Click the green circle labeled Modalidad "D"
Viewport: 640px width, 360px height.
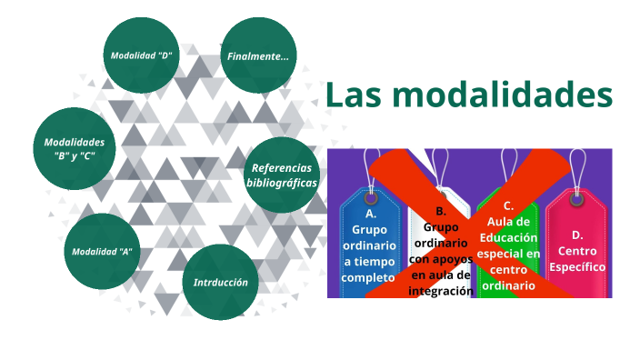pos(142,55)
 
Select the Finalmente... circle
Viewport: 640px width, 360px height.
pos(258,56)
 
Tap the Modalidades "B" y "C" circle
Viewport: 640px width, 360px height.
pos(75,149)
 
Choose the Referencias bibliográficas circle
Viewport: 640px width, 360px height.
pos(282,175)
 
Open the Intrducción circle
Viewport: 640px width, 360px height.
pos(220,282)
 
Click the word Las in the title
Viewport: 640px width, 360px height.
pos(355,95)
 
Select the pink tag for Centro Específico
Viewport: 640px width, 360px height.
pos(577,245)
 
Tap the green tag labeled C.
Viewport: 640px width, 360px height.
pos(508,245)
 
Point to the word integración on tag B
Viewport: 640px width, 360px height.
pos(441,291)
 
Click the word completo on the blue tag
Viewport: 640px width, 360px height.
pos(369,277)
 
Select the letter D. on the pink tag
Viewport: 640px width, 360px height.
pos(577,235)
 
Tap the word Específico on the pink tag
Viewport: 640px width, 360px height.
pos(577,267)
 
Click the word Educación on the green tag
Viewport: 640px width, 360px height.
pos(508,236)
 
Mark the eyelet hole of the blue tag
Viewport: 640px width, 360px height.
pos(370,197)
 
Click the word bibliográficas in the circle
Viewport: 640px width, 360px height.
pos(282,182)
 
